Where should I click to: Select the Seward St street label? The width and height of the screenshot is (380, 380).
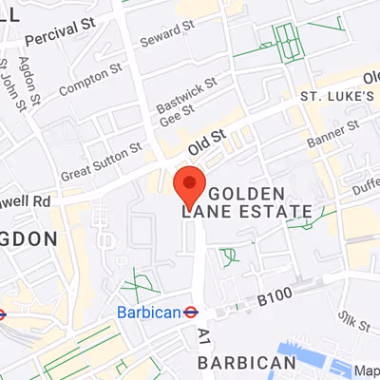[x=166, y=37]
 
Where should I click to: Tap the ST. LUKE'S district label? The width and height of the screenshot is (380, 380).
[x=337, y=97]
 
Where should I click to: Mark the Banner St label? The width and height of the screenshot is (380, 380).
[x=333, y=135]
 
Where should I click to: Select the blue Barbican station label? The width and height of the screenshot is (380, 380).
[x=147, y=312]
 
